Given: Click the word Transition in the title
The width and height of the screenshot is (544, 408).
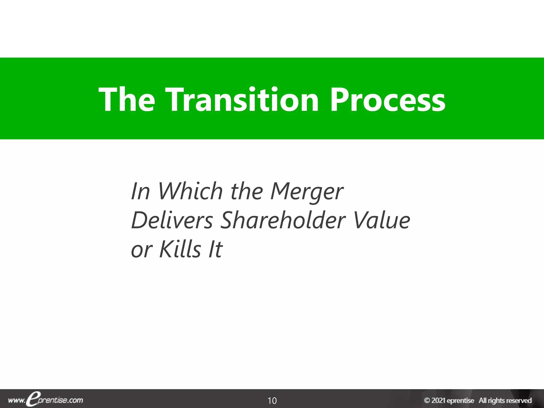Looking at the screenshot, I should [x=242, y=100].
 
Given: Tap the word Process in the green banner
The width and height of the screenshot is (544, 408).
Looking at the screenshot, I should [x=387, y=100].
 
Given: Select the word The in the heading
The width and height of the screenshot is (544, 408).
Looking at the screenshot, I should [x=127, y=100].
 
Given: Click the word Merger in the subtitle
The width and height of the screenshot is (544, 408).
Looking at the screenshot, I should [x=307, y=192].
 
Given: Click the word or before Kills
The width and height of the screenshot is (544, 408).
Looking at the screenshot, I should [x=142, y=250].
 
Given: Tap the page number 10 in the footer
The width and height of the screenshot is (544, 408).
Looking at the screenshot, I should [x=272, y=400].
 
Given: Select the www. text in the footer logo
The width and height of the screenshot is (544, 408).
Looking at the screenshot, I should [x=16, y=401].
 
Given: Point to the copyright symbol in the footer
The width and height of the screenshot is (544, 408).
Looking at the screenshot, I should [x=427, y=400].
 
